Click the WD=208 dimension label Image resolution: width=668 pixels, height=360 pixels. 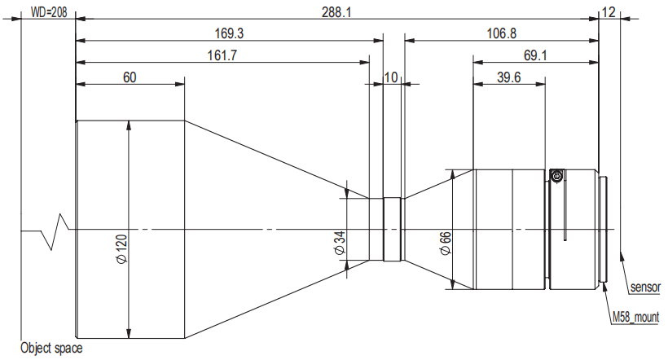point(49,12)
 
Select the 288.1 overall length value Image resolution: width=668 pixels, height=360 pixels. point(336,12)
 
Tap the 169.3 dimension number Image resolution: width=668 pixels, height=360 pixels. point(229,33)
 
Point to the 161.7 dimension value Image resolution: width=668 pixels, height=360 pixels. point(222,55)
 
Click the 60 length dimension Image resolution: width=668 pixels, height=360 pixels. point(130,77)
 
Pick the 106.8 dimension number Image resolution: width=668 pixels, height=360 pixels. point(502,33)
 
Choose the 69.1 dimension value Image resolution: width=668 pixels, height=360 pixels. point(535,55)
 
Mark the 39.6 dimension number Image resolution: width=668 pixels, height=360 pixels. point(508,77)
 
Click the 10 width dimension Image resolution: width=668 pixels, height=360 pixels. point(391,77)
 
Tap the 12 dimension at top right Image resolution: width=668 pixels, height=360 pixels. point(609,12)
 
